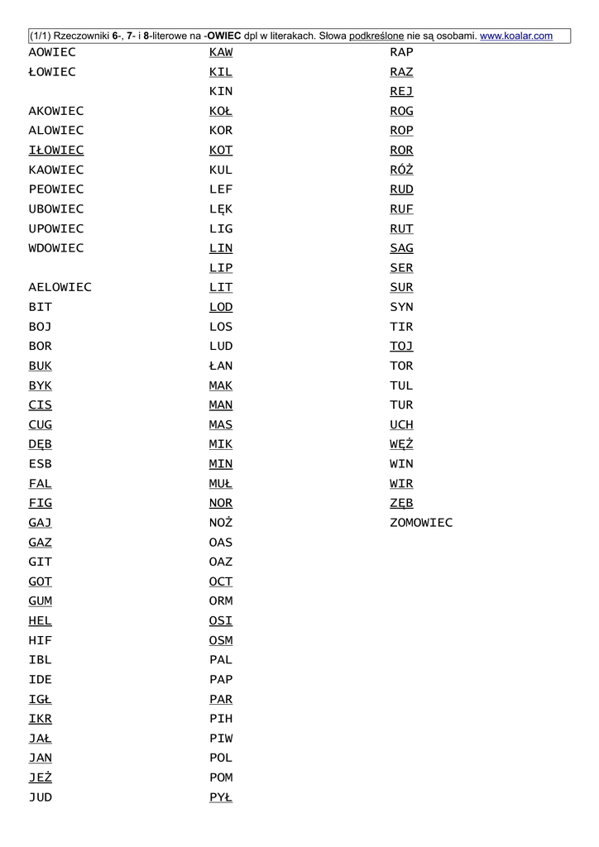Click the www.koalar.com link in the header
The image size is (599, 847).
pyautogui.click(x=516, y=36)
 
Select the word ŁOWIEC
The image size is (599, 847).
pyautogui.click(x=52, y=72)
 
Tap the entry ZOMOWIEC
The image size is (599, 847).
pyautogui.click(x=421, y=523)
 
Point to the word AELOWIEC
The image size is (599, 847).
pyautogui.click(x=60, y=287)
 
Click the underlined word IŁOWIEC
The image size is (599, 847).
pyautogui.click(x=56, y=150)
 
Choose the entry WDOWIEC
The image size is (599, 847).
pyautogui.click(x=56, y=248)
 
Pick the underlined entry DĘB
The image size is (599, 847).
pyautogui.click(x=40, y=444)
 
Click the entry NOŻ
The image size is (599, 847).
pyautogui.click(x=221, y=523)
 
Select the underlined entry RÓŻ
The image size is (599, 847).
pyautogui.click(x=401, y=170)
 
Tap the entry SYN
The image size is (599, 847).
pyautogui.click(x=401, y=307)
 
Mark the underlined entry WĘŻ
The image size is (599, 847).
pyautogui.click(x=401, y=444)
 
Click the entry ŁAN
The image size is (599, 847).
pyautogui.click(x=221, y=366)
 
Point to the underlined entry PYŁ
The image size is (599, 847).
pyautogui.click(x=221, y=797)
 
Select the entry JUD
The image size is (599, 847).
pyautogui.click(x=40, y=797)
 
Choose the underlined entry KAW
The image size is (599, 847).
pyautogui.click(x=221, y=52)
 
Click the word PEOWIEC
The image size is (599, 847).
pyautogui.click(x=56, y=189)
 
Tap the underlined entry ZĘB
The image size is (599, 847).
pyautogui.click(x=401, y=503)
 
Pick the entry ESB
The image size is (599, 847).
pyautogui.click(x=40, y=464)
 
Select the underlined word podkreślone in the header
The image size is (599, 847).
pyautogui.click(x=376, y=36)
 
